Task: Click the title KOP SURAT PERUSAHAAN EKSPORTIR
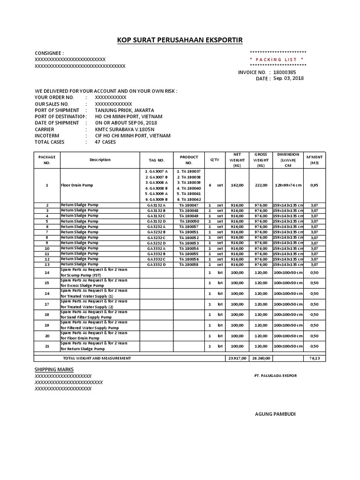pyautogui.click(x=180, y=40)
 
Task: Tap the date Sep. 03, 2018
pyautogui.click(x=288, y=78)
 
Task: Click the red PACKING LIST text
pyautogui.click(x=278, y=60)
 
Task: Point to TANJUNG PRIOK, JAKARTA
pyautogui.click(x=125, y=110)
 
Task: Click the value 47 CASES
pyautogui.click(x=105, y=142)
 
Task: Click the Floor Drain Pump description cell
pyautogui.click(x=77, y=185)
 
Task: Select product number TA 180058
pyautogui.click(x=189, y=265)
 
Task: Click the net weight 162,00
pyautogui.click(x=237, y=185)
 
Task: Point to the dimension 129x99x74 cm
pyautogui.click(x=288, y=185)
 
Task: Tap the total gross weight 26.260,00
pyautogui.click(x=261, y=358)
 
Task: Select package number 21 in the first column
pyautogui.click(x=47, y=346)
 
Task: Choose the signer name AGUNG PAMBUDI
pyautogui.click(x=275, y=414)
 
